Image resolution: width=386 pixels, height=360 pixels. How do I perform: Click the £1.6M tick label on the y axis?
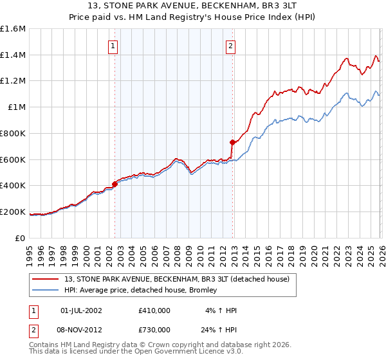tap(13, 29)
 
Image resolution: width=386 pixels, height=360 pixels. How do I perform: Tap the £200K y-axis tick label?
tap(13, 212)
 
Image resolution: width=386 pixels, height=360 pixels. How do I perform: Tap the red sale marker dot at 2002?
tap(115, 184)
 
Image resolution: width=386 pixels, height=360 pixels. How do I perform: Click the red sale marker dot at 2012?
tap(232, 142)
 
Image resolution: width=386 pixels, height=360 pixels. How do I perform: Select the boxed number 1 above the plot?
tap(113, 46)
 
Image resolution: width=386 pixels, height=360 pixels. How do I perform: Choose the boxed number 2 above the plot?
tap(230, 46)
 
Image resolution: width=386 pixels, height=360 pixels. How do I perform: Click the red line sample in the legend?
tap(46, 279)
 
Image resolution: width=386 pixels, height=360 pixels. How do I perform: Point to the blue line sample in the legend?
tap(46, 290)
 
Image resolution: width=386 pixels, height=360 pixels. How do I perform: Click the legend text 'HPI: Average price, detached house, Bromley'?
tap(141, 290)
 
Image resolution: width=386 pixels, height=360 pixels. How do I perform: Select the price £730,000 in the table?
tap(154, 330)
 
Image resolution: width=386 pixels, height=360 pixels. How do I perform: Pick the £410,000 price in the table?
tap(154, 310)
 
